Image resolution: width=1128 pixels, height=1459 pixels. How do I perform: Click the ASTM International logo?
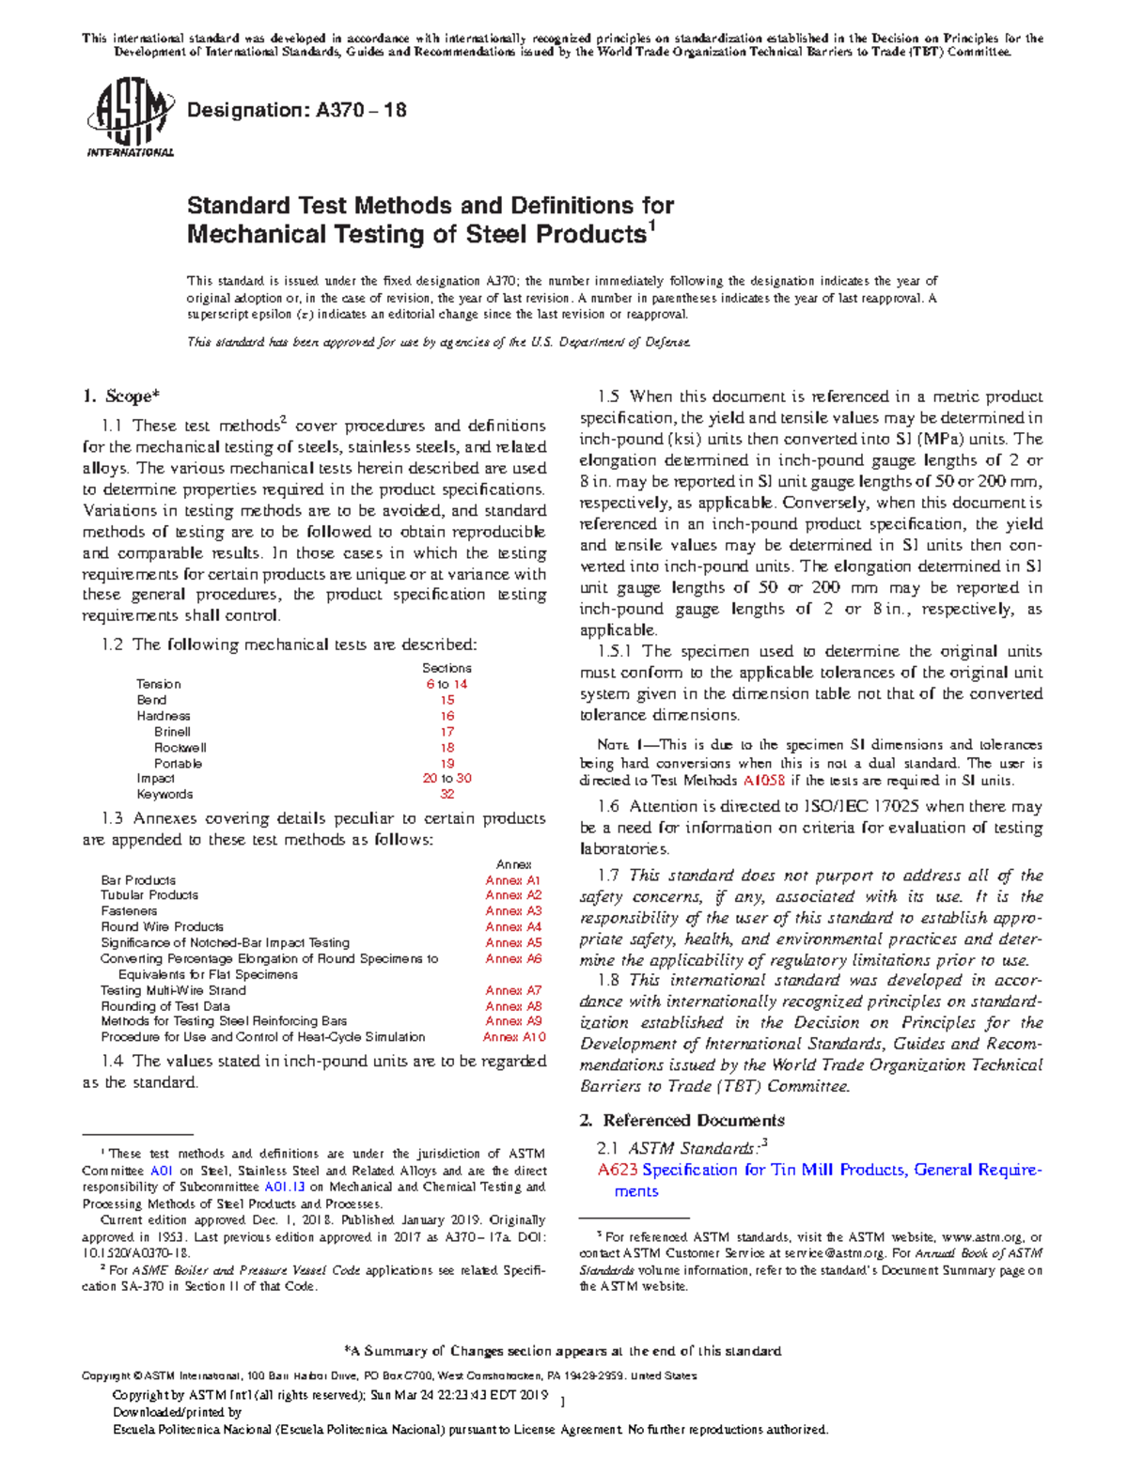click(x=130, y=116)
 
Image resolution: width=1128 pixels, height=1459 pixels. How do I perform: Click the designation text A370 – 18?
click(x=297, y=110)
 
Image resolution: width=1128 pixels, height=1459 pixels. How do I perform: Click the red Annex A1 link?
click(x=513, y=880)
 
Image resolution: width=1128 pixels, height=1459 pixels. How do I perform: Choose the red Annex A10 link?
click(x=513, y=1037)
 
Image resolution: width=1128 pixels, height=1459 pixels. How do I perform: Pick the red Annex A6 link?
click(x=513, y=958)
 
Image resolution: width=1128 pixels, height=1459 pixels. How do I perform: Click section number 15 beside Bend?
click(x=447, y=700)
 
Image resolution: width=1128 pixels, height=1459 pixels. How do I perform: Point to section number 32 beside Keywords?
click(x=447, y=794)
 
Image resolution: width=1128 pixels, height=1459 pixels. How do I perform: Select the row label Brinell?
click(x=172, y=732)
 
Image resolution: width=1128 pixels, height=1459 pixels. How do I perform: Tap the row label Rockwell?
click(x=180, y=748)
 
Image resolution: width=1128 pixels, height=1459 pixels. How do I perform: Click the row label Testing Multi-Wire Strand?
click(x=173, y=990)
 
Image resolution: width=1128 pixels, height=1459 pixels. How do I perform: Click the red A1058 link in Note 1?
click(x=764, y=780)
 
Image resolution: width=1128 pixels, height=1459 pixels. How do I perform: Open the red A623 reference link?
click(x=618, y=1170)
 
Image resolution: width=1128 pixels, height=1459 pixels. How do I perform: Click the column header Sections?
click(x=446, y=668)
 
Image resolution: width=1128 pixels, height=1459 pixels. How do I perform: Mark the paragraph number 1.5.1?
click(x=618, y=651)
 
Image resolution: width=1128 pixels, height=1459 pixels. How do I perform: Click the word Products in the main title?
click(x=584, y=234)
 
